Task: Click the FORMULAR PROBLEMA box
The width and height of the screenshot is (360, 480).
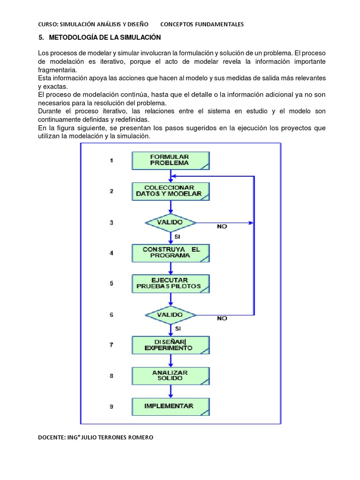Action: click(x=170, y=160)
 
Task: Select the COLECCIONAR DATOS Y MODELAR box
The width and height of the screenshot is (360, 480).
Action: click(x=170, y=191)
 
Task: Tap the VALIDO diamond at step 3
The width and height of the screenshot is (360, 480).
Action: click(x=170, y=222)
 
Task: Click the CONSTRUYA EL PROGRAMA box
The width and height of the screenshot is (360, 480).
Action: click(x=171, y=253)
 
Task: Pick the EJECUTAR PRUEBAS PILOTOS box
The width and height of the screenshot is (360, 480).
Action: click(x=170, y=283)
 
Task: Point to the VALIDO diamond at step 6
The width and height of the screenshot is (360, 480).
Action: click(x=170, y=315)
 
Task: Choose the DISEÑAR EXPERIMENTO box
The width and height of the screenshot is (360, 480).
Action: click(x=171, y=345)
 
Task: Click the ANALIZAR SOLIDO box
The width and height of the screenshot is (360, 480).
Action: click(x=170, y=375)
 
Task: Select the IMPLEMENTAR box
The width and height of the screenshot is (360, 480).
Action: click(x=170, y=406)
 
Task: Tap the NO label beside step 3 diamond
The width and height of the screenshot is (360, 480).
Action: click(x=222, y=226)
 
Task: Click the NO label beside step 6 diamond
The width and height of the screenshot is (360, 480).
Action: click(x=222, y=318)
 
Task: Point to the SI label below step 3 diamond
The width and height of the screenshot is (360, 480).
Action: click(x=177, y=237)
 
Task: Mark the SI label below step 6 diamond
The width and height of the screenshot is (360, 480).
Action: click(x=177, y=329)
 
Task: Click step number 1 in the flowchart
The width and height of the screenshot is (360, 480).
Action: click(x=112, y=160)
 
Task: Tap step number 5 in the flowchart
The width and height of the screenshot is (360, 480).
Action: click(x=112, y=283)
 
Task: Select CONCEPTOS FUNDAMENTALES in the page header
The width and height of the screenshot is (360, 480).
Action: click(x=202, y=24)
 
